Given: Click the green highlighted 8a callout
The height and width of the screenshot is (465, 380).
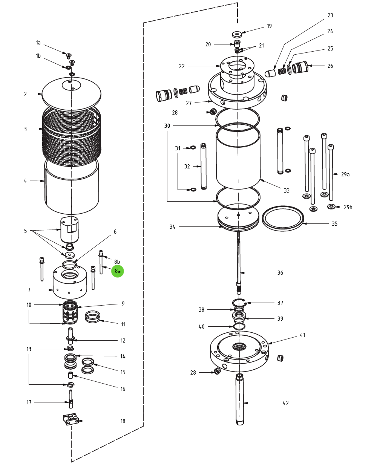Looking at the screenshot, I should click(x=118, y=271).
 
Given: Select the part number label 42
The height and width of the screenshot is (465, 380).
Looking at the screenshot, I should click(x=286, y=403).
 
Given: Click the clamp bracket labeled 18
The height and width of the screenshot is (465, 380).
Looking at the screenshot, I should click(x=70, y=419).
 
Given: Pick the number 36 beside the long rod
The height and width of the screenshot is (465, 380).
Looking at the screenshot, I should click(x=280, y=273).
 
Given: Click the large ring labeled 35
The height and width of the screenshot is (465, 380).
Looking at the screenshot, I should click(x=283, y=218).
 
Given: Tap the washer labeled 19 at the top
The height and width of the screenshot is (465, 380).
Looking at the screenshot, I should click(x=237, y=34).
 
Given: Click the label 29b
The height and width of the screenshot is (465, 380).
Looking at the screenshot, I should click(x=348, y=207).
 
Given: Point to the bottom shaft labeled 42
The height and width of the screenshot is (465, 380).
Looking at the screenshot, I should click(x=240, y=399).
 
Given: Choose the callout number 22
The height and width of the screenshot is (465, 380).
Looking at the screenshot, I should click(x=182, y=66).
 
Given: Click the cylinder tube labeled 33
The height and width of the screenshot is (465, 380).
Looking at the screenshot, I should click(x=238, y=158).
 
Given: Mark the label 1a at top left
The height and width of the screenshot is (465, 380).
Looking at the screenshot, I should click(x=38, y=43).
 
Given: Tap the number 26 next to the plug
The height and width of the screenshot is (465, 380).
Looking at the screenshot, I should click(x=330, y=66).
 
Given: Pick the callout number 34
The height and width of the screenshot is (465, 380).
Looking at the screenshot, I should click(x=172, y=227).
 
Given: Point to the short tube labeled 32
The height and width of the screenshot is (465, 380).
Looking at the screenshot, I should click(x=204, y=166).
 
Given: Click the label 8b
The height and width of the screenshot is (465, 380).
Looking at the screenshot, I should click(x=117, y=262).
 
